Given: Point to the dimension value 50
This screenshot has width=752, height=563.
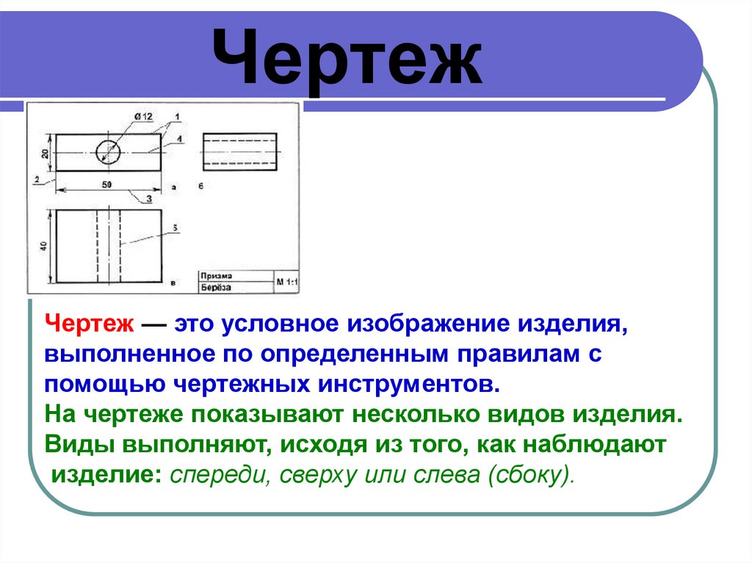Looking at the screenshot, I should pyautogui.click(x=106, y=185).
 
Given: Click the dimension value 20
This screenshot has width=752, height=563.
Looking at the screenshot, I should pyautogui.click(x=45, y=153).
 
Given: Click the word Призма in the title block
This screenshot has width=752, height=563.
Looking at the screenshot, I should pyautogui.click(x=213, y=275).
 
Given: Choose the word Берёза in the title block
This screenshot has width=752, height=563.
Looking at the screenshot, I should pyautogui.click(x=215, y=287).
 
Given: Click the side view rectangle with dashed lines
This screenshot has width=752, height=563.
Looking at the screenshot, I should pyautogui.click(x=239, y=151).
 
